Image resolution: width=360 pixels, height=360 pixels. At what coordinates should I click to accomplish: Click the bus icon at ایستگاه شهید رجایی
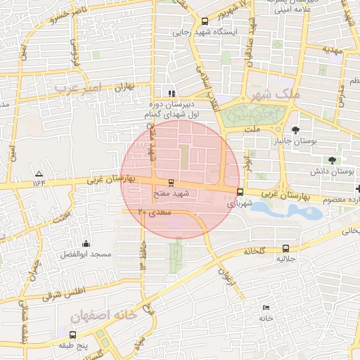tap(205, 21)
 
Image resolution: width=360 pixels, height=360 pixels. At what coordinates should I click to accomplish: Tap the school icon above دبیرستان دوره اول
tap(171, 93)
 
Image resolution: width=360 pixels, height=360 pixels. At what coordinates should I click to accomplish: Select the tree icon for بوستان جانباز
tap(295, 129)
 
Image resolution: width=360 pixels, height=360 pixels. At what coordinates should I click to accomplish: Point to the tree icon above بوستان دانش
tap(331, 149)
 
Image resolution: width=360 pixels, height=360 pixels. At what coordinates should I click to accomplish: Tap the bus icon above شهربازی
tap(240, 192)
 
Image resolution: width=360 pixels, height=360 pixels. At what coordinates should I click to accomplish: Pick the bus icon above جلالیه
tap(285, 248)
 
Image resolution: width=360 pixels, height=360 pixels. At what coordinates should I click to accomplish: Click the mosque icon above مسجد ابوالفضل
tap(86, 243)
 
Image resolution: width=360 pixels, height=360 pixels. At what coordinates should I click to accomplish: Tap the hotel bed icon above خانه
tap(265, 308)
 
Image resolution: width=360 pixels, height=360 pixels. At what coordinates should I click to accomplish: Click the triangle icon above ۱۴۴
tap(38, 173)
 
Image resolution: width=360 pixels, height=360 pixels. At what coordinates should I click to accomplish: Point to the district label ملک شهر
tap(280, 94)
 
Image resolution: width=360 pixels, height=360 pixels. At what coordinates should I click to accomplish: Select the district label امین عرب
tap(78, 87)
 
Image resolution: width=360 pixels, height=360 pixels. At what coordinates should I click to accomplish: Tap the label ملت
tap(253, 129)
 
